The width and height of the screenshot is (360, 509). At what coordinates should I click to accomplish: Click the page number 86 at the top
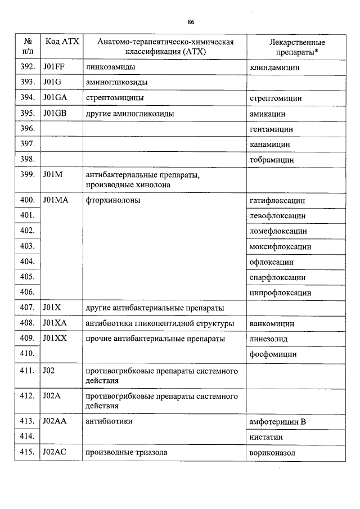coord(191,22)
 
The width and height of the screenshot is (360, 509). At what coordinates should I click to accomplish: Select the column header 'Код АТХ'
coord(61,42)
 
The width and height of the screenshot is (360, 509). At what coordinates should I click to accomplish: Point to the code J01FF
coord(53,67)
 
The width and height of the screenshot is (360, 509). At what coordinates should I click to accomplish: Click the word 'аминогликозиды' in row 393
coord(116,83)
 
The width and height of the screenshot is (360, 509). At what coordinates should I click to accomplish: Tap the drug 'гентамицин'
coord(271,129)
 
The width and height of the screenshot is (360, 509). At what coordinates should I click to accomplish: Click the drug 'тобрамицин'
coord(271,160)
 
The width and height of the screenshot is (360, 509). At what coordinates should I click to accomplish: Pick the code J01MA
coord(55,200)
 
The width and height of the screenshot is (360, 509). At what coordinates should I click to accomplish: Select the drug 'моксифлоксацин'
coord(280,246)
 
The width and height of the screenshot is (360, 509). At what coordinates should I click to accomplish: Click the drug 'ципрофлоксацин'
coord(280,293)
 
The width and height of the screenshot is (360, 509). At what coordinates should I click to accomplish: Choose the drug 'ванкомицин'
coord(271,324)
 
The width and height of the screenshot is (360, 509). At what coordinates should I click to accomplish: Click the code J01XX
coord(55,339)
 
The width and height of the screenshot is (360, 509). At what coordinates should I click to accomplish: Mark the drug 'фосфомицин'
coord(272,355)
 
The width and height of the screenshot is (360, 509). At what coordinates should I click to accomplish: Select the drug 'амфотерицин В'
coord(277,421)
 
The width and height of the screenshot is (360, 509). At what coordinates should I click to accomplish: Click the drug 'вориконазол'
coord(272,452)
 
